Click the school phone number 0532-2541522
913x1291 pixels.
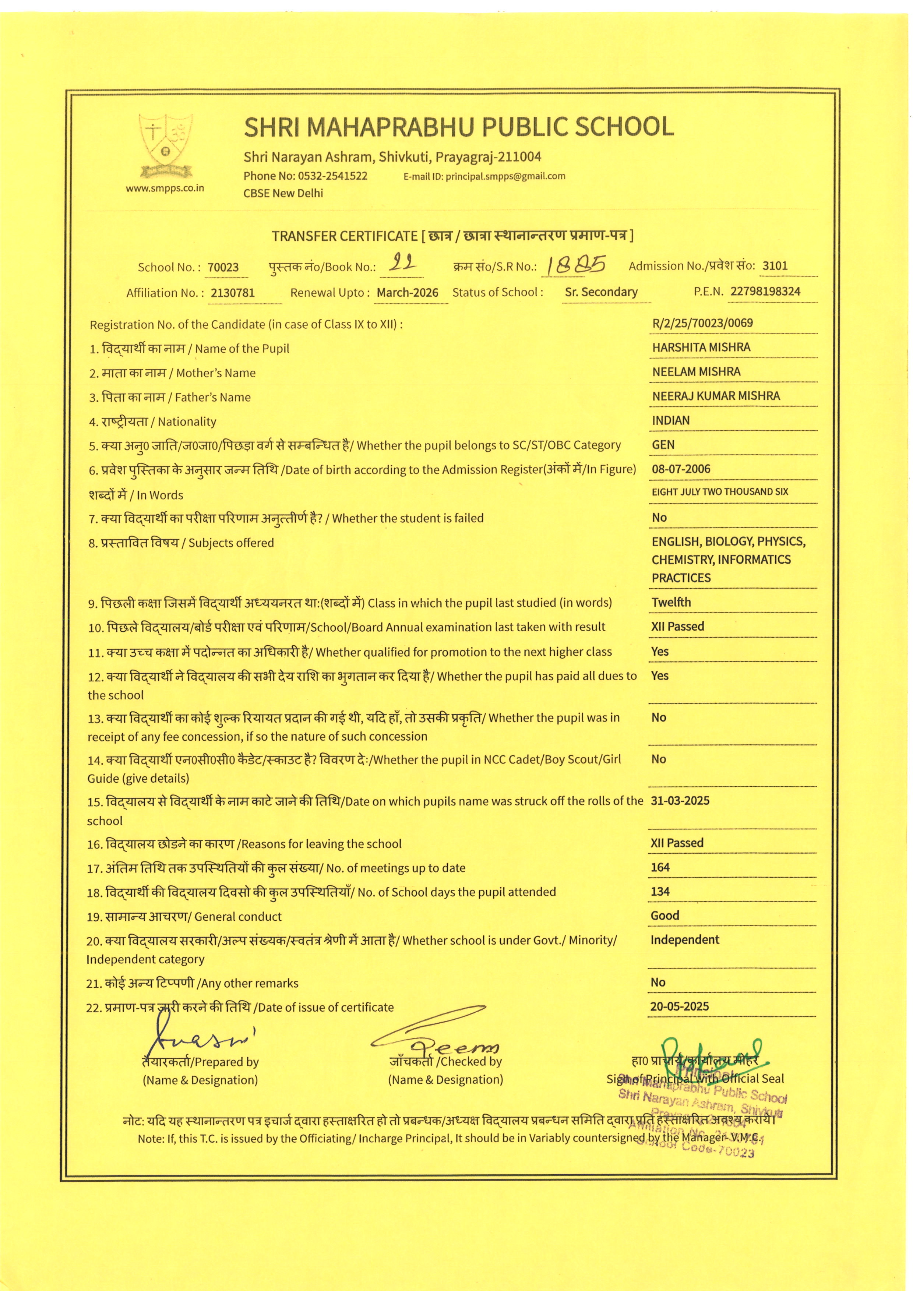coord(332,176)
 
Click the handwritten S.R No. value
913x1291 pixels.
coord(576,265)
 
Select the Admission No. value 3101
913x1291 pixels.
coord(775,266)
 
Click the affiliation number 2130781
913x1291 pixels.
coord(233,293)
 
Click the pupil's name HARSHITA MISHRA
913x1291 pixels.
coord(701,348)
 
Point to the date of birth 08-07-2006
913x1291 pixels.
coord(681,469)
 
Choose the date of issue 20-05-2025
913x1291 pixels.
coord(679,1006)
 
